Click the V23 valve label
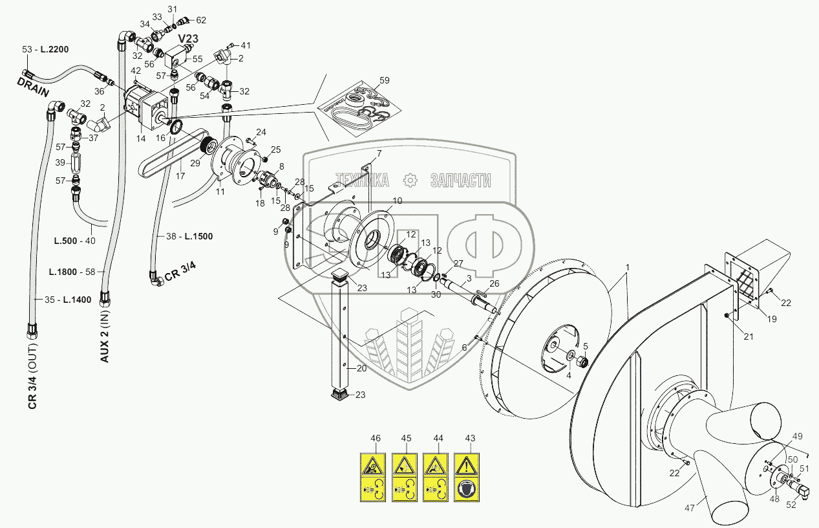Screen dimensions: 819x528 pos(188,38)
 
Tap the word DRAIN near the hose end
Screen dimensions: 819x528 pos(33,88)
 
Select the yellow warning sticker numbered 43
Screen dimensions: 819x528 pos(466,477)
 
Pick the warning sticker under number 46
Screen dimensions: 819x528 pos(372,477)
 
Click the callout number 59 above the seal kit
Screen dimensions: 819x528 pos(384,80)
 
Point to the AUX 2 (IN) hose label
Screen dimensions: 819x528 pos(105,338)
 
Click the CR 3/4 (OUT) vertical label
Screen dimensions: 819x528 pos(32,376)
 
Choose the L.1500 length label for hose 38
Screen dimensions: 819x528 pos(198,236)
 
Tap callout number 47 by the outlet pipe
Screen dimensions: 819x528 pos(689,508)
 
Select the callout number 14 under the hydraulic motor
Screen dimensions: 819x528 pos(141,138)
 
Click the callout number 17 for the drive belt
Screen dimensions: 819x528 pos(180,176)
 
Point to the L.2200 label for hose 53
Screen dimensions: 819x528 pos(54,49)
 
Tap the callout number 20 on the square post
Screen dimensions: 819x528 pos(361,368)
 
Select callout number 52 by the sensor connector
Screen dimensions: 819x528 pos(791,505)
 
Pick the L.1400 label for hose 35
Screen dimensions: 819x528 pos(77,300)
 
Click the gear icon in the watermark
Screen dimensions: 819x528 pos(410,180)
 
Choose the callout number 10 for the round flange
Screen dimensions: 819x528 pos(398,201)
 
